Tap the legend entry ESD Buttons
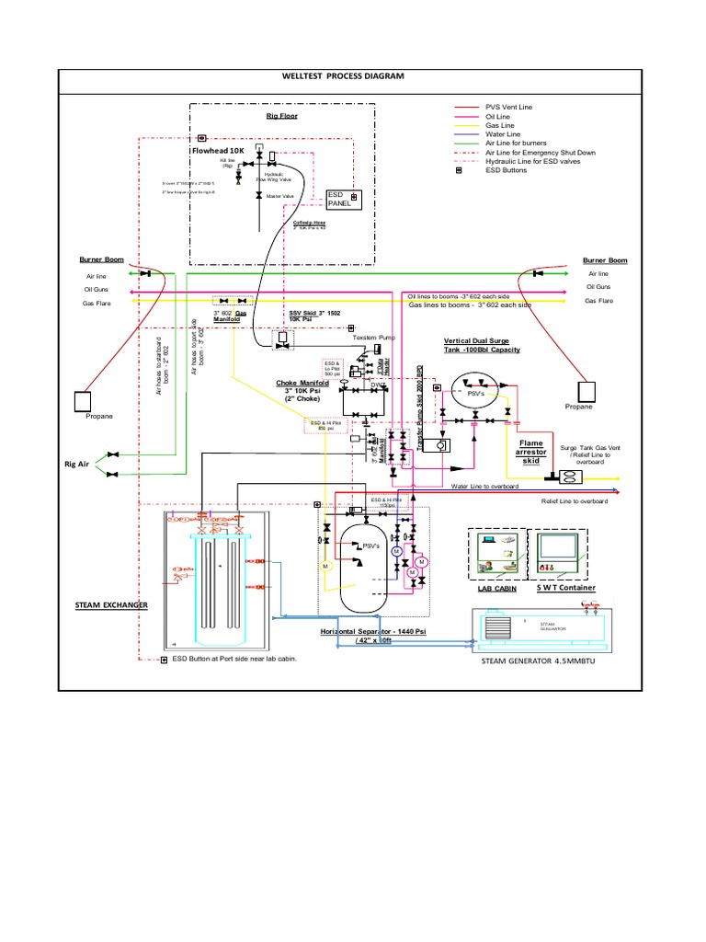click(506, 170)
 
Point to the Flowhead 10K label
click(218, 149)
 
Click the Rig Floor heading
click(282, 117)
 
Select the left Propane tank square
click(85, 401)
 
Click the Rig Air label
click(76, 465)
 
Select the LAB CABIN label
click(495, 589)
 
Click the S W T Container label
click(565, 588)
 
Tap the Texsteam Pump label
click(373, 338)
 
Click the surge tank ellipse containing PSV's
click(478, 388)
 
